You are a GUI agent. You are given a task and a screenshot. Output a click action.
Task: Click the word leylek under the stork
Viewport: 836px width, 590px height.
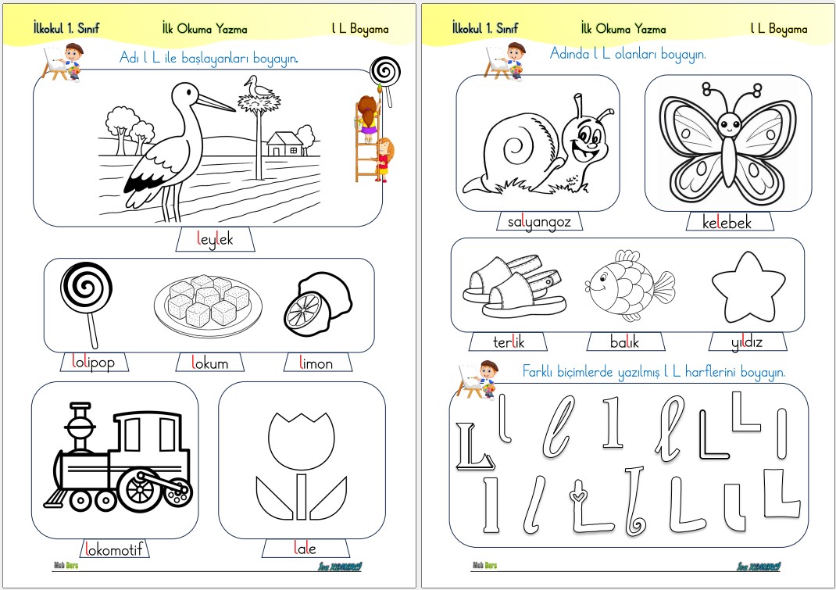coord(215,239)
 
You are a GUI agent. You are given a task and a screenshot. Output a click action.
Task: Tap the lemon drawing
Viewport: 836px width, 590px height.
coord(317,303)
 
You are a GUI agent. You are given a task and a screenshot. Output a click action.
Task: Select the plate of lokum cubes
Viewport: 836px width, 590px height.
coord(208,306)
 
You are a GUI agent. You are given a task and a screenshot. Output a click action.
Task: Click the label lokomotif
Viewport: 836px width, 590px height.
coord(113,549)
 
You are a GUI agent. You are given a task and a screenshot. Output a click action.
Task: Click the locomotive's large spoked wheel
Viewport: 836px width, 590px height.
coord(140,489)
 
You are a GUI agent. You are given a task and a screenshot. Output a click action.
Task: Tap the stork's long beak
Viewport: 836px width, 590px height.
coord(216,102)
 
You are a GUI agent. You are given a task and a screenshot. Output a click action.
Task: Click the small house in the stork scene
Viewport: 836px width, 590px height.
coord(285,144)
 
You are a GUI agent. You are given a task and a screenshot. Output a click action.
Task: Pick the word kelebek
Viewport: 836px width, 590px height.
coord(727,222)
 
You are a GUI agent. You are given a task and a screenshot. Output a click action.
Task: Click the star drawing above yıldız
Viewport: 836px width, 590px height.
coord(748,287)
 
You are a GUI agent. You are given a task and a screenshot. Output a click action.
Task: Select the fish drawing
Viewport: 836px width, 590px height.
coord(630,284)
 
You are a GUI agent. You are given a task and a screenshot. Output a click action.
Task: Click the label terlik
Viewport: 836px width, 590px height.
coord(509,341)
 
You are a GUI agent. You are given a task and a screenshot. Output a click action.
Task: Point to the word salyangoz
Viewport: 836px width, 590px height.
coord(539,222)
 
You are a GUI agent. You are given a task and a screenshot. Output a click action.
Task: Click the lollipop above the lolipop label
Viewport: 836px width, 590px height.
coord(87,304)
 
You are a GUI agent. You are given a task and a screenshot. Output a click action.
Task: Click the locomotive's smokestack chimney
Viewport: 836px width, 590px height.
coord(80,427)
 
